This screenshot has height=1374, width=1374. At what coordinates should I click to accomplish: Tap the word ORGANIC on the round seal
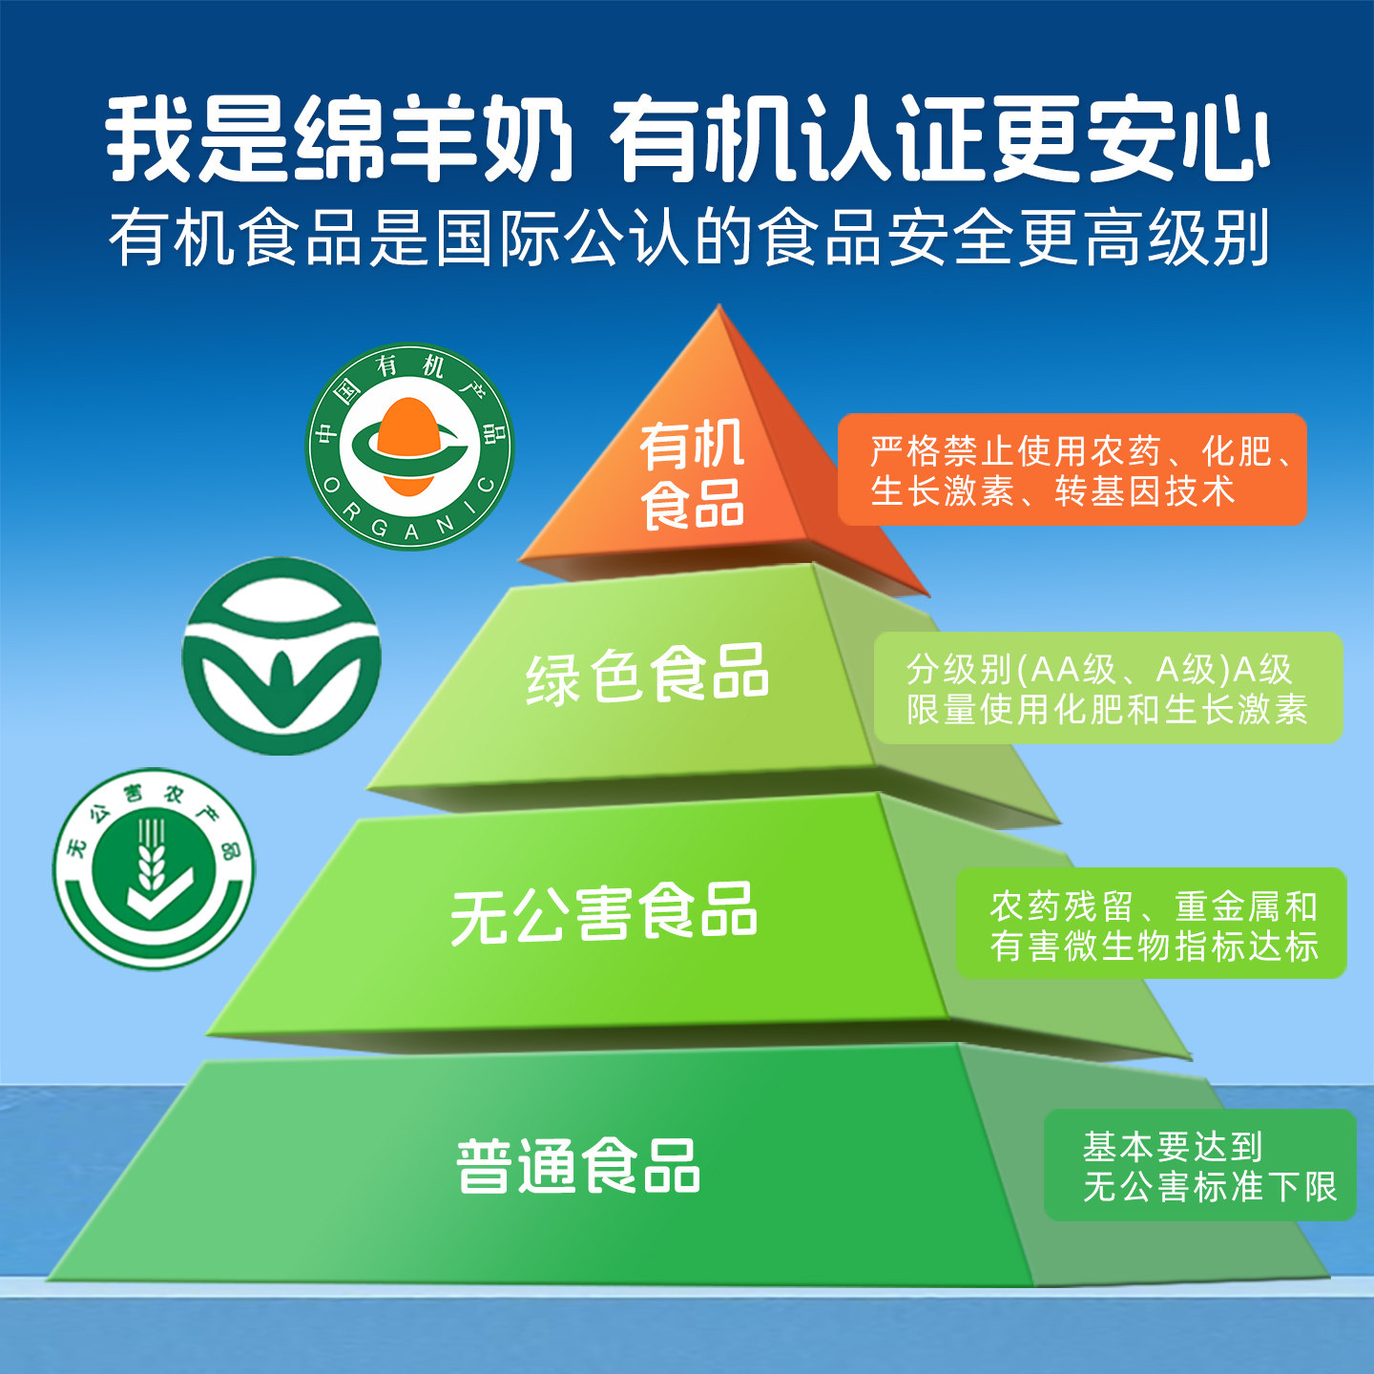[x=410, y=520]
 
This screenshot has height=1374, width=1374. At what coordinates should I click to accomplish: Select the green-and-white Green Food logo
[x=281, y=656]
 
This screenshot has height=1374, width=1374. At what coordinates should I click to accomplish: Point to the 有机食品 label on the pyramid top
[x=692, y=475]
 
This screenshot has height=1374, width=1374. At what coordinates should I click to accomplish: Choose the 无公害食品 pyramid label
[x=603, y=912]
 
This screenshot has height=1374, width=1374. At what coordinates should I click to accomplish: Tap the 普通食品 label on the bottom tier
[x=578, y=1166]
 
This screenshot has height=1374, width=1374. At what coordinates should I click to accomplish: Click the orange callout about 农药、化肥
[x=1072, y=469]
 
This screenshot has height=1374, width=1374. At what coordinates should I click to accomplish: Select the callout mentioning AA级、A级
[x=1108, y=688]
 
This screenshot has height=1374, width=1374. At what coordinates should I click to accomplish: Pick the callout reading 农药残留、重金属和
[x=1152, y=924]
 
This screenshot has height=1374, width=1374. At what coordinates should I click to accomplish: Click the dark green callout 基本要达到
[x=1200, y=1165]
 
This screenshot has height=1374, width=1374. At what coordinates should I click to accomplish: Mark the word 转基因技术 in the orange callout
[x=1145, y=492]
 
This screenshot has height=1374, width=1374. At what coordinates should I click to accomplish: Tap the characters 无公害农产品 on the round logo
[x=153, y=806]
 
